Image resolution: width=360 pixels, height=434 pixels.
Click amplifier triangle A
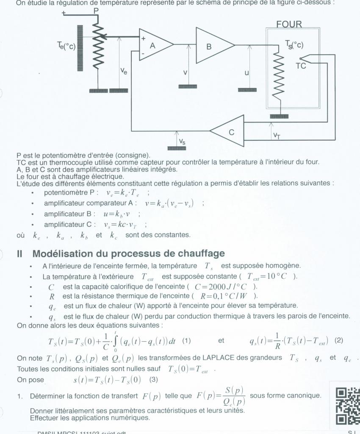pos(155,45)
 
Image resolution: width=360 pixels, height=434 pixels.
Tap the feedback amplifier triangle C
pos(229,132)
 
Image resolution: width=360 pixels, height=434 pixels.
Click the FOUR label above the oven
pos(289,25)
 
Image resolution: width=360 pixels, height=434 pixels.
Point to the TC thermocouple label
pos(301,66)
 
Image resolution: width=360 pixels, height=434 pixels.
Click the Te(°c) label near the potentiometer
pos(66,46)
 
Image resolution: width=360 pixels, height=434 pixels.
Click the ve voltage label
pos(124,72)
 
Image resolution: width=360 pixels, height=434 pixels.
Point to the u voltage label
pos(246,73)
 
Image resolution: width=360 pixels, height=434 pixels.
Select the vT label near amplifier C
pos(277,135)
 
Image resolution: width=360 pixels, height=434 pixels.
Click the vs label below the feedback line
pos(182,142)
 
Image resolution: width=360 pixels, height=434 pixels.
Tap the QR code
pos(347,406)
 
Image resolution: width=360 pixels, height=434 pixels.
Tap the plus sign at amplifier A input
pos(143,38)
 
